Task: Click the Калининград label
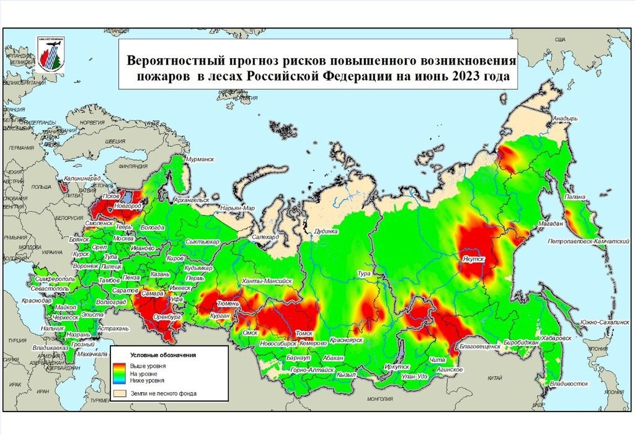coord(80,178)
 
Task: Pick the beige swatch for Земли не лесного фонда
coord(118,393)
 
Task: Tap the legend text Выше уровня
coord(148,367)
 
